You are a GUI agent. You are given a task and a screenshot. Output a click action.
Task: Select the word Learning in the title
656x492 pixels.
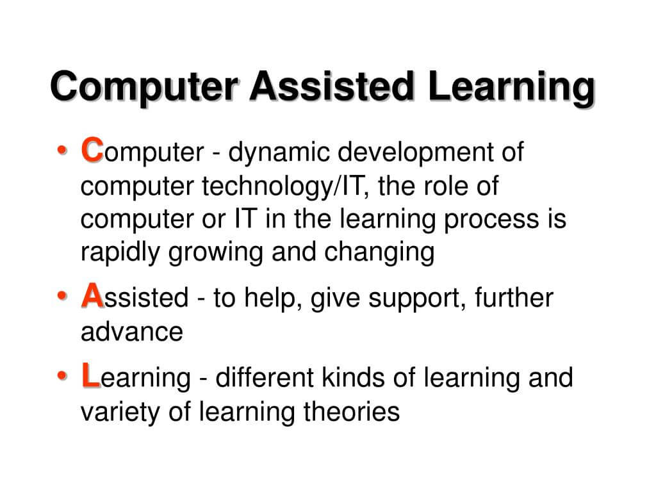click(x=511, y=87)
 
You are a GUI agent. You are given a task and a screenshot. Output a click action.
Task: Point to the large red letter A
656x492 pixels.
click(x=92, y=297)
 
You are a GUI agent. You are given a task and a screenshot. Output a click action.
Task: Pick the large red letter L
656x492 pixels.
click(x=90, y=377)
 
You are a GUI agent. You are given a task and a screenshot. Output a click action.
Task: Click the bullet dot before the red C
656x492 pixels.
click(x=61, y=152)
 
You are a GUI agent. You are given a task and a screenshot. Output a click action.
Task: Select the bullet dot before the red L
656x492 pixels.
click(x=61, y=377)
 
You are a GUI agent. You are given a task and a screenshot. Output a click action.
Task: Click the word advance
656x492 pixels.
click(x=131, y=332)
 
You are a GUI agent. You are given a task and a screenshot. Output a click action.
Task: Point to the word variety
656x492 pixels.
click(x=116, y=412)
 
